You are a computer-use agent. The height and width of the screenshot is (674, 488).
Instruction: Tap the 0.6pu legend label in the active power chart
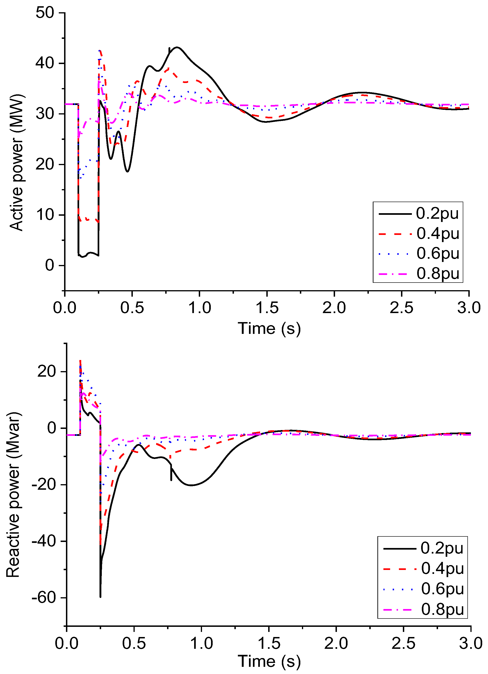click(x=438, y=253)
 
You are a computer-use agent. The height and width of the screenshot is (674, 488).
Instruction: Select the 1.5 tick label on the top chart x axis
click(x=267, y=308)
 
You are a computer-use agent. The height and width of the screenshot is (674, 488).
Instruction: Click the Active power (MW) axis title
click(x=16, y=163)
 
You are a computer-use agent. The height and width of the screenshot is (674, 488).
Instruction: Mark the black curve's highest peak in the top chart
click(x=177, y=47)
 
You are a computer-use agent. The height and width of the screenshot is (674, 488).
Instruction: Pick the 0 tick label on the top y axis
click(x=50, y=265)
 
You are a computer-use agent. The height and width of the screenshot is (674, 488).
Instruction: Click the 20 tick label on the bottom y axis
click(x=47, y=372)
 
